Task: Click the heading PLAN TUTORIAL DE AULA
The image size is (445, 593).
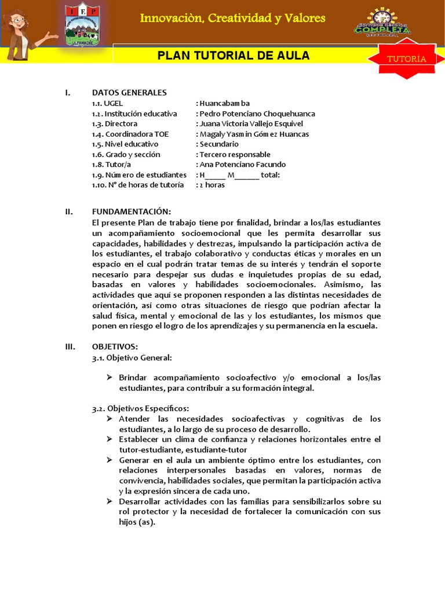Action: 234,56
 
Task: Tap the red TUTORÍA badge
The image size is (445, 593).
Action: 407,59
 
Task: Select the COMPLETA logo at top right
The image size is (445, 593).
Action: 382,25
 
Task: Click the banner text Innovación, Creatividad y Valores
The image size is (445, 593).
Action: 232,19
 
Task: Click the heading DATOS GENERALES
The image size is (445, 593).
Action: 129,93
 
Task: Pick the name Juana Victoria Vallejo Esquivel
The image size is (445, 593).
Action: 250,124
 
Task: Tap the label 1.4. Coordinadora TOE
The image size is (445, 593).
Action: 130,134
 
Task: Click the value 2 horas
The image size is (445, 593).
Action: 213,185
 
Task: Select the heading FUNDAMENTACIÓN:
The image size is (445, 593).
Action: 132,211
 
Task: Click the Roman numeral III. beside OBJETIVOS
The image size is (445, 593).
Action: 70,346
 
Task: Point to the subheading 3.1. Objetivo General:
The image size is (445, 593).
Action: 132,357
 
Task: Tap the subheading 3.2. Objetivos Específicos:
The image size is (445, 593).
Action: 140,408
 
